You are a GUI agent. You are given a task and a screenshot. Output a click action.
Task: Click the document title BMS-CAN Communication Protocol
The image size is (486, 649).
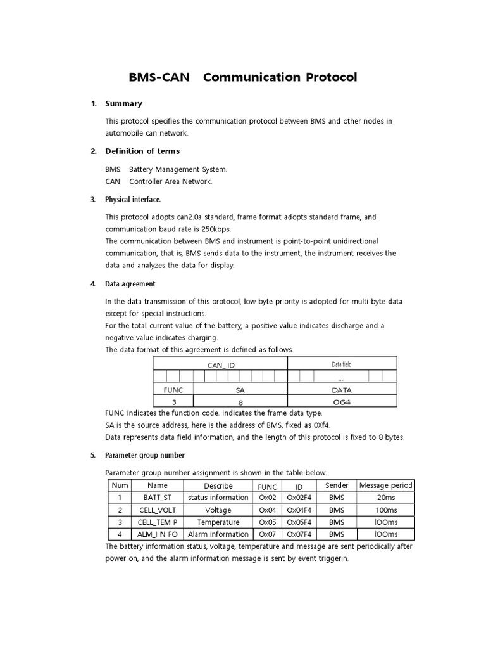[243, 77]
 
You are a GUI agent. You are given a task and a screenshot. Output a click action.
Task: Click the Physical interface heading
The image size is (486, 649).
[133, 199]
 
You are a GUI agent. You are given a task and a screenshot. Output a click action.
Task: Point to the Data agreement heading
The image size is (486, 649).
[130, 284]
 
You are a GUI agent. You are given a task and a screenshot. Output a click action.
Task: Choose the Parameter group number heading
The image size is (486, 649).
[145, 455]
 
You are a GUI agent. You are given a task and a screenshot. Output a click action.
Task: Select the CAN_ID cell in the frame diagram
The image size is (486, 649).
[220, 364]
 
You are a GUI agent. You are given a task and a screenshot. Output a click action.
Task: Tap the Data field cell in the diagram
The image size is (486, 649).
[342, 364]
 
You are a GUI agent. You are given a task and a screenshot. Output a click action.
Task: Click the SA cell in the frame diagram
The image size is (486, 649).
[240, 390]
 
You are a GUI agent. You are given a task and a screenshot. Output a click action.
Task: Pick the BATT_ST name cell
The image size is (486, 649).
[157, 498]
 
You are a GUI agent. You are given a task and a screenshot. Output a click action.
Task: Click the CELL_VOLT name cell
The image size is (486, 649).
[157, 510]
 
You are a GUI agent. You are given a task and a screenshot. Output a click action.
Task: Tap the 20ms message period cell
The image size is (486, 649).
[385, 498]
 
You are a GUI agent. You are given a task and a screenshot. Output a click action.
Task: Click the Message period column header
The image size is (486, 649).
[385, 485]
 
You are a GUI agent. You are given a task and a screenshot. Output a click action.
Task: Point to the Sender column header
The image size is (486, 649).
[337, 485]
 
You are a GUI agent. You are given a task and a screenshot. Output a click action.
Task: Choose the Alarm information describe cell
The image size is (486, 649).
[218, 534]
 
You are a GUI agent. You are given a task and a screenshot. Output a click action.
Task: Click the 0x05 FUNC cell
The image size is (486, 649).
[266, 522]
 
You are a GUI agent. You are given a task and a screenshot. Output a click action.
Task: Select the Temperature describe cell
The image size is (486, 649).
[218, 522]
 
